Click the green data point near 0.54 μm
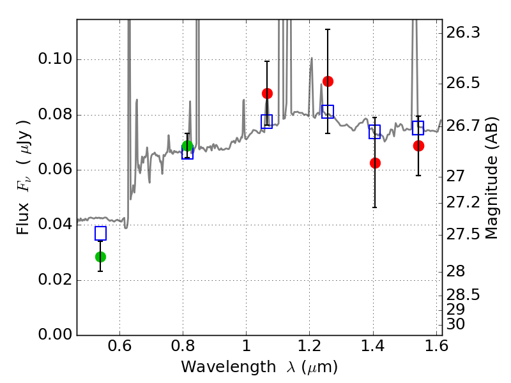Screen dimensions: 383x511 coord(100,257)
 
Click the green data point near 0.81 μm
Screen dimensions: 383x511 coord(187,146)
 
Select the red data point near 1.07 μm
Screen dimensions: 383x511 coord(267,93)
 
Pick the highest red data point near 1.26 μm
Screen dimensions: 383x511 coord(328,81)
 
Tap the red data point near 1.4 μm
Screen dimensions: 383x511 coord(375,163)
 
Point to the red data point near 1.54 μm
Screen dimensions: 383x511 coord(418,146)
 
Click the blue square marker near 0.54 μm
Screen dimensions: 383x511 coord(100,234)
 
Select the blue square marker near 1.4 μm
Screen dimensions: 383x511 coord(375,131)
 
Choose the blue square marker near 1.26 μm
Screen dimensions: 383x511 coord(328,112)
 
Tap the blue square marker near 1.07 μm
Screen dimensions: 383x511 coord(267,121)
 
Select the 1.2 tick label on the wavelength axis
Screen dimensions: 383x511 coord(309,349)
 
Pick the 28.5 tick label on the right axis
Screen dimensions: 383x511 coord(465,295)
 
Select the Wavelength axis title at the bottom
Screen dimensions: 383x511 coord(259,367)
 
